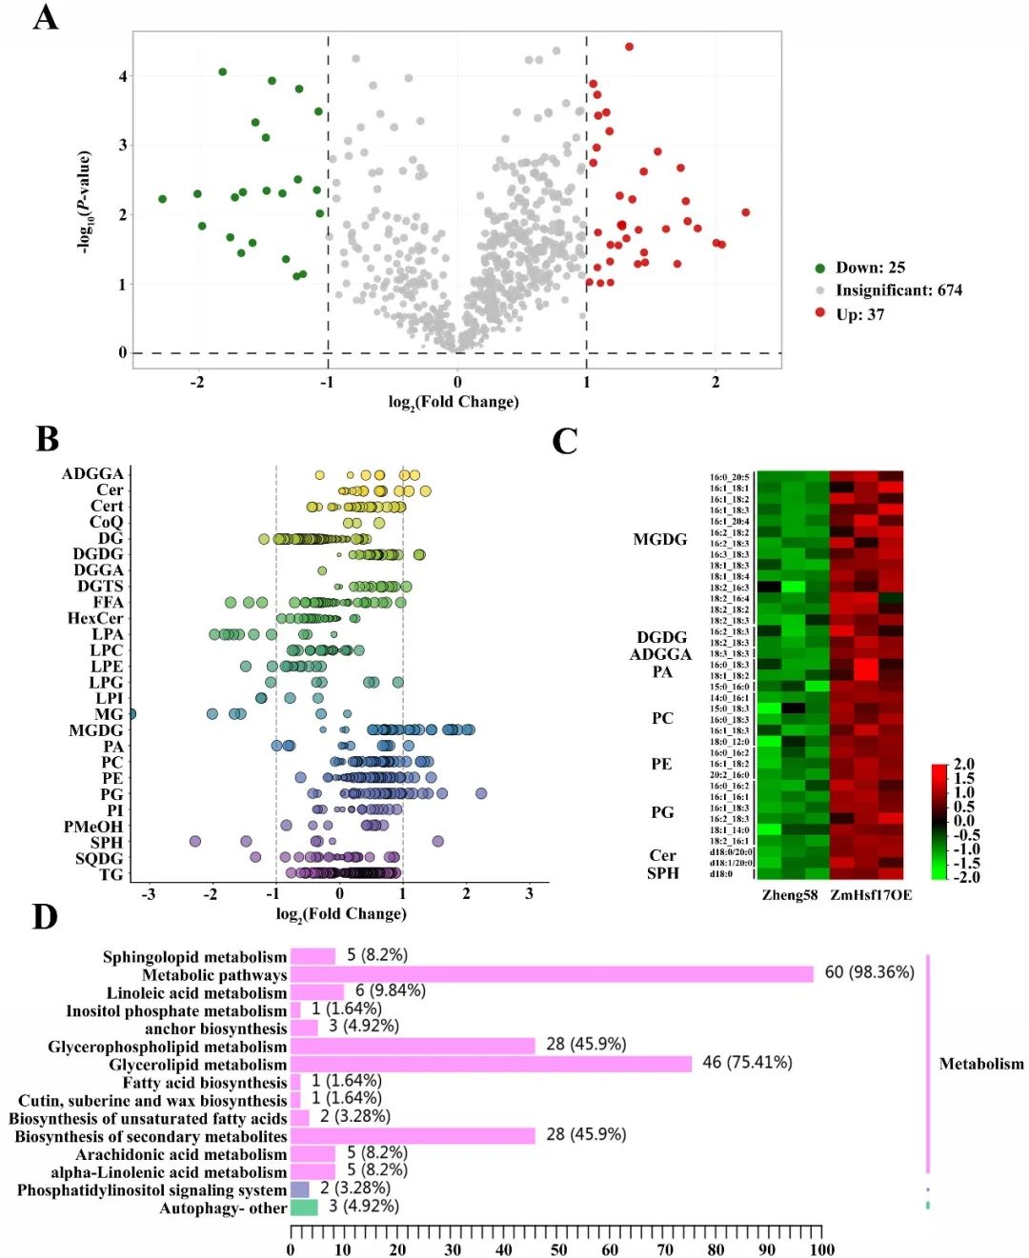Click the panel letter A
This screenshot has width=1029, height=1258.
45,17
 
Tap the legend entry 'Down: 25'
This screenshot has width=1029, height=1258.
870,268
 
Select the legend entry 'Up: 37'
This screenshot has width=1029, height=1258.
859,314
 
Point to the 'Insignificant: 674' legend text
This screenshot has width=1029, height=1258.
898,290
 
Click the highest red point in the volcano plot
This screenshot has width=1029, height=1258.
629,47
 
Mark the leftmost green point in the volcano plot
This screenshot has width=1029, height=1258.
162,199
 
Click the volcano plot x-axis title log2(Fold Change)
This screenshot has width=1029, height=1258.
454,402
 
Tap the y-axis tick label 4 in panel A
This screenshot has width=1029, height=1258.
122,76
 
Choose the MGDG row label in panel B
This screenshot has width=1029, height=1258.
95,730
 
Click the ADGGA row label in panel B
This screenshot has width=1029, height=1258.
92,474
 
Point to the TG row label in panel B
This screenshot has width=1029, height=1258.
111,874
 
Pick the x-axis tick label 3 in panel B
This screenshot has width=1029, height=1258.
530,894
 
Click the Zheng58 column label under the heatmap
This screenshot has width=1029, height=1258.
790,895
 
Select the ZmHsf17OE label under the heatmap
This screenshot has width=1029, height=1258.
871,895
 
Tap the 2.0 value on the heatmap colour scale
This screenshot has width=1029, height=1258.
964,764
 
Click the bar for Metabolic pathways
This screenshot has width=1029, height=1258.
552,973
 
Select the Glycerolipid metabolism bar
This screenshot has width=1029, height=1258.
491,1064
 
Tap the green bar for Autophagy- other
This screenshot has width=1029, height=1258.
304,1208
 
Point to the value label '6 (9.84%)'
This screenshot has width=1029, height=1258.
391,990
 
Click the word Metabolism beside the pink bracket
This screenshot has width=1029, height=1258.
981,1064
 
